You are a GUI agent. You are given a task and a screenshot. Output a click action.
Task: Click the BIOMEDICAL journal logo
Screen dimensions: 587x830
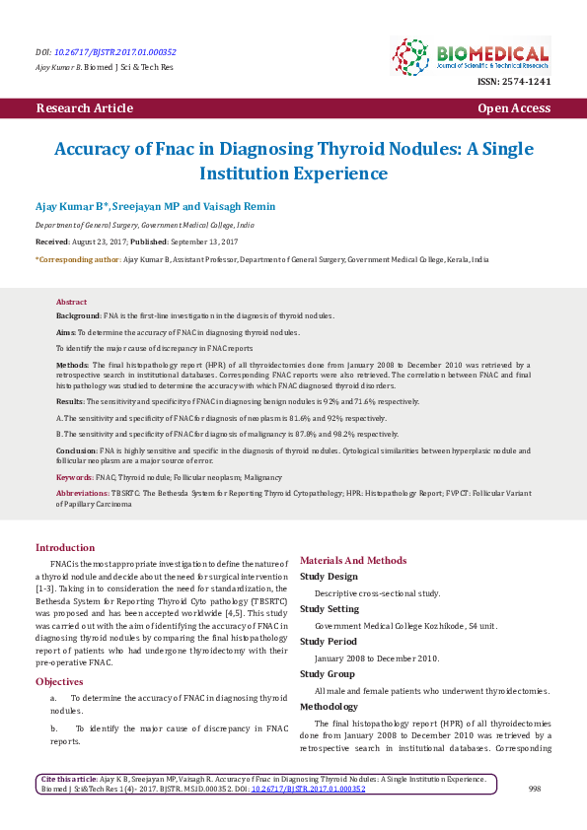pos(470,55)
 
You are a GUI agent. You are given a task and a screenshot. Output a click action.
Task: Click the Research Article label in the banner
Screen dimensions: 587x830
pos(84,108)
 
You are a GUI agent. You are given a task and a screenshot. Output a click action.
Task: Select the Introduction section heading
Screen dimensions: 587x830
pos(65,547)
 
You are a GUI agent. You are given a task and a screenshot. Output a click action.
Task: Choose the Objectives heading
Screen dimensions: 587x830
pos(60,681)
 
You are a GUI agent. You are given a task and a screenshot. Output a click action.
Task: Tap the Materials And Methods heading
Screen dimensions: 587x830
pos(352,560)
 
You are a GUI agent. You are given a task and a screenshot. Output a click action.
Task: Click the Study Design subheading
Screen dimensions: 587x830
pos(329,577)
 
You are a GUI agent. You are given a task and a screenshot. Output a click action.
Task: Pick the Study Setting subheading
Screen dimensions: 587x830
pos(330,609)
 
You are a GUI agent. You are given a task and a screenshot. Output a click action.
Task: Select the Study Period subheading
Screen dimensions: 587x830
pos(329,642)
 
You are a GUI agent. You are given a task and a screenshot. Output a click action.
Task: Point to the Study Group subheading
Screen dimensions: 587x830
pos(328,674)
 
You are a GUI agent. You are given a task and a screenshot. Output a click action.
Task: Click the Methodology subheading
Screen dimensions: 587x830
pos(329,707)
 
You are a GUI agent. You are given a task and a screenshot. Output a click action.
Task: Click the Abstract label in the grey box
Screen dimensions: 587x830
pos(71,302)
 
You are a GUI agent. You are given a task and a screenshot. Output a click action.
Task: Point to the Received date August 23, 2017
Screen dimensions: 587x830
pos(104,241)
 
